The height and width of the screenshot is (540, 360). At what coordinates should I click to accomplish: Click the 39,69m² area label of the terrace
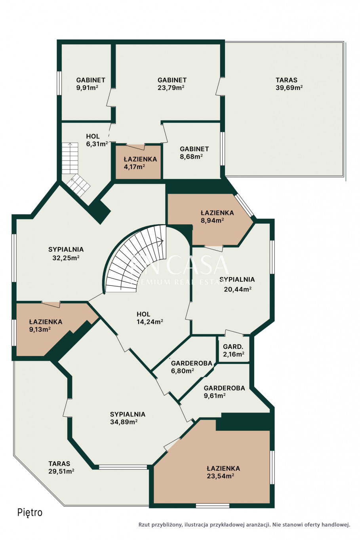tap(289, 87)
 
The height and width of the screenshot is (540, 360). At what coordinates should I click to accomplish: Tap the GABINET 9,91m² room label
tap(91, 84)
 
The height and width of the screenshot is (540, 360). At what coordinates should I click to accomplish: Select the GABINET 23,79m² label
tap(172, 84)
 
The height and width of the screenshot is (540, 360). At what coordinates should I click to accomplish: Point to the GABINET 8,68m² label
tap(194, 152)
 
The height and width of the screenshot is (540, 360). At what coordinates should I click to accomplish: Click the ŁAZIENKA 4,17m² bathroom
tap(138, 162)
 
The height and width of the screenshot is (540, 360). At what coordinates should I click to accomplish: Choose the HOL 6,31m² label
tap(97, 140)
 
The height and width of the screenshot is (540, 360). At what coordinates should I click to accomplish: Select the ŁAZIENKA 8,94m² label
tap(217, 217)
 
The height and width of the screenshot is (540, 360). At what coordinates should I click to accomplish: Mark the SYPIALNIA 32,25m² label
tap(66, 254)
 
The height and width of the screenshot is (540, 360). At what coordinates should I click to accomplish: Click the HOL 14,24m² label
tap(150, 318)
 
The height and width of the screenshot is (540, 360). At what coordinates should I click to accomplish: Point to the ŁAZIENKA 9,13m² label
tap(46, 325)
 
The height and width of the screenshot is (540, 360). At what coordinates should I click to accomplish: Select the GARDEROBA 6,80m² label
tap(192, 367)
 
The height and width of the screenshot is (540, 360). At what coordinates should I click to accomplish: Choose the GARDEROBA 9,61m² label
tap(224, 392)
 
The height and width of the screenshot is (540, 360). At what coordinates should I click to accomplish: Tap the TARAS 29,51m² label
tap(61, 467)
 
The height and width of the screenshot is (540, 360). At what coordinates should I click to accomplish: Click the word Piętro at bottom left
tap(30, 513)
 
